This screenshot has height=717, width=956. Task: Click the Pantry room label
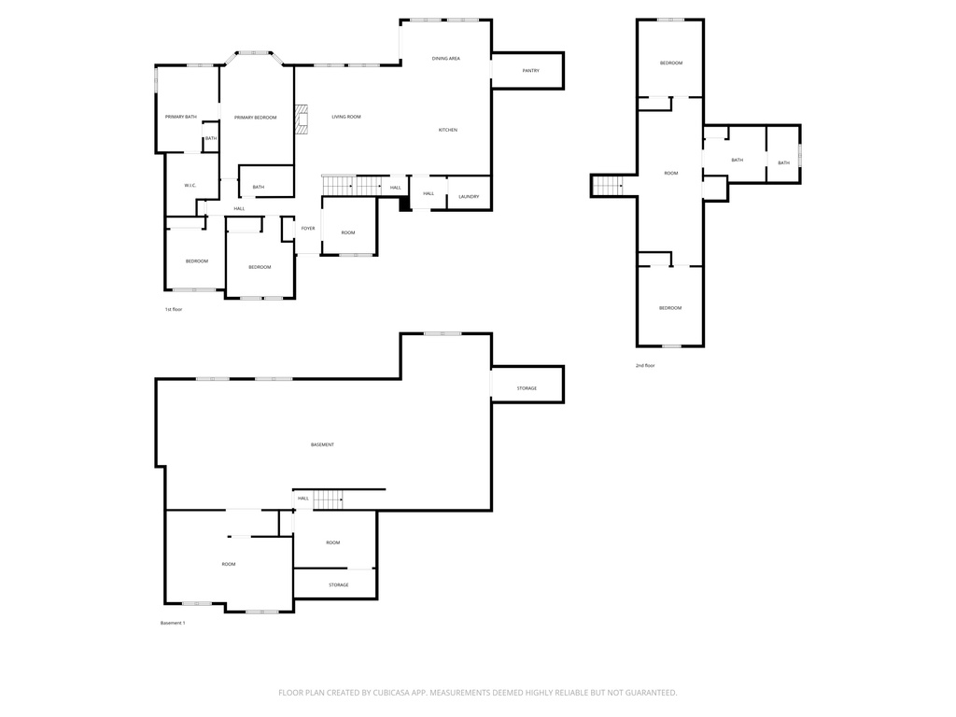pos(530,71)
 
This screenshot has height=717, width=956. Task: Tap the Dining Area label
pos(445,59)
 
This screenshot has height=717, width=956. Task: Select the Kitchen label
pos(447,130)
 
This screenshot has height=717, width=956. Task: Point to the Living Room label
pos(346,117)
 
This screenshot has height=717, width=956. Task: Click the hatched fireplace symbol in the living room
pos(302,119)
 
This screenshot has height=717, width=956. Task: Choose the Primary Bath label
pos(181,117)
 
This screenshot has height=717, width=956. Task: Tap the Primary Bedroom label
pos(256,117)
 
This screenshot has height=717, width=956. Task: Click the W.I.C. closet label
pos(190,186)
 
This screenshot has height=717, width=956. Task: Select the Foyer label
pos(308,228)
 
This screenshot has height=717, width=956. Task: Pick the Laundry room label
pos(469,196)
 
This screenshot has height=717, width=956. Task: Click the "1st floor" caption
pos(173,309)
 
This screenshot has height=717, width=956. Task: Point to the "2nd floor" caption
pos(645,365)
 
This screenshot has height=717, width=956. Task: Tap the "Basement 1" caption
pos(173,623)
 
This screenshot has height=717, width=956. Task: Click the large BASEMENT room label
pos(322,444)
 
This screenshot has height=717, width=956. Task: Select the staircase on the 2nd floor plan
pos(608,186)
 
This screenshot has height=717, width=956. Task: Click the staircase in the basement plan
pos(328,499)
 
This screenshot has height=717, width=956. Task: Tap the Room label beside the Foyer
pos(348,232)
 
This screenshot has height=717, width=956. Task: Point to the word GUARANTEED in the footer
pos(652,693)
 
